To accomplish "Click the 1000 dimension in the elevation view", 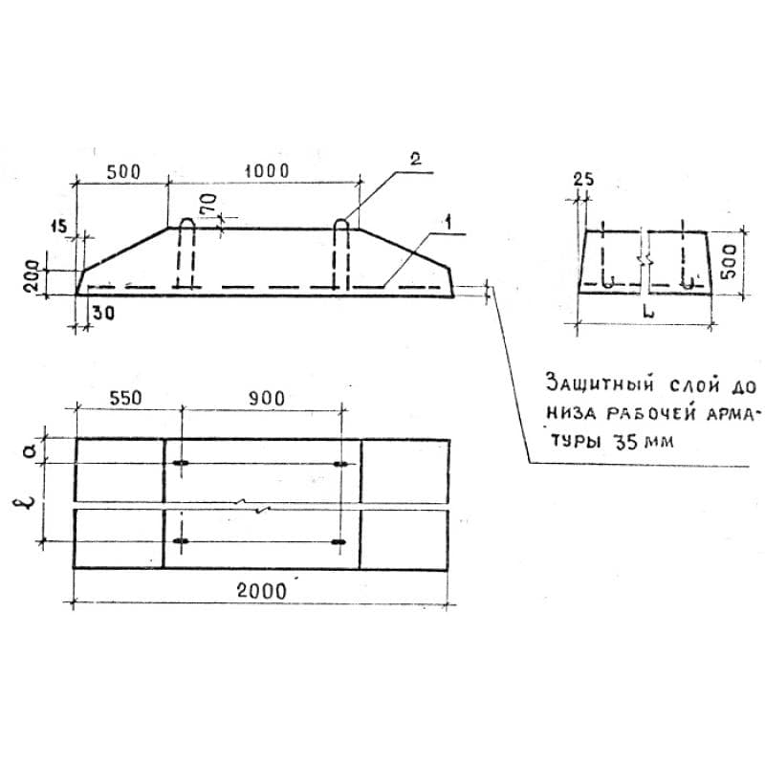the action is tap(267, 171).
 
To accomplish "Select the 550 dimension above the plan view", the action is tap(125, 398).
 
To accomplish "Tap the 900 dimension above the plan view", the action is tap(267, 399).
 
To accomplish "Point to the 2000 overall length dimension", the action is tap(261, 591).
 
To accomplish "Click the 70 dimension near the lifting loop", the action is tap(208, 204).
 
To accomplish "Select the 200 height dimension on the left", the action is tap(32, 275).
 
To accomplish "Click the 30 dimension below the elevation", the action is tap(103, 313).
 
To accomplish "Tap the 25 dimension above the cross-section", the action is tap(583, 180).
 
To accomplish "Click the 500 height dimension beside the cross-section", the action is tap(729, 261).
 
